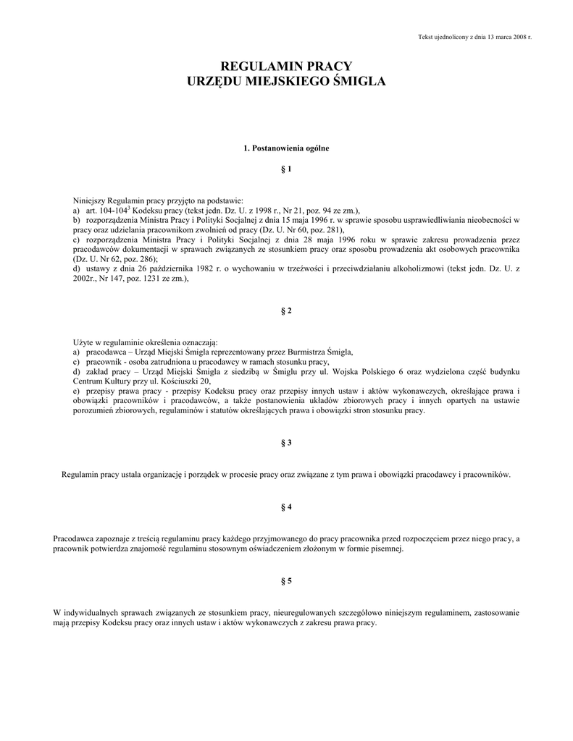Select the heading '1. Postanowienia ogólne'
point(286,148)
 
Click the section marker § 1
point(286,169)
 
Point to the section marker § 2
point(286,310)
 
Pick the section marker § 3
point(286,442)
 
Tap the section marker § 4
point(286,507)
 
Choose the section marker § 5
point(286,581)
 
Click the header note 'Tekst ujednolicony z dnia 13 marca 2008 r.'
point(475,37)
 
